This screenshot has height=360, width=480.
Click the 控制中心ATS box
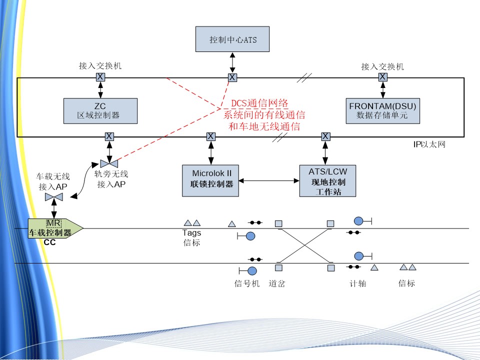pos(232,38)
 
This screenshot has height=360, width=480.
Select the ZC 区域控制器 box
pos(100,110)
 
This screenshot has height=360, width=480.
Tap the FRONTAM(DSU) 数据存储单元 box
pos(382,110)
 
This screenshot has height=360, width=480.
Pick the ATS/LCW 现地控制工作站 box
pos(327,181)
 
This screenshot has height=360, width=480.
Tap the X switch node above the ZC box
pos(100,76)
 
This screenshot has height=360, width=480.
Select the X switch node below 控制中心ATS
pos(232,77)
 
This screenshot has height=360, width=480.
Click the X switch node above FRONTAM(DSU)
pos(382,76)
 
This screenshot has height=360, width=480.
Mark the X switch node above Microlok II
pos(211,136)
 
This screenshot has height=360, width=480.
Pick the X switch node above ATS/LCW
pos(325,136)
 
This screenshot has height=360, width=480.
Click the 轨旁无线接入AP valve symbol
pos(109,163)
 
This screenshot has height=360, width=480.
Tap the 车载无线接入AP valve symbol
pos(54,198)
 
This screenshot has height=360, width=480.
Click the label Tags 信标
pos(191,237)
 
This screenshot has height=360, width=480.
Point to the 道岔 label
pos(277,283)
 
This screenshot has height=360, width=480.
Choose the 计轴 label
pos(357,283)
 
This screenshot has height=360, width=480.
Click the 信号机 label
pos(247,283)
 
